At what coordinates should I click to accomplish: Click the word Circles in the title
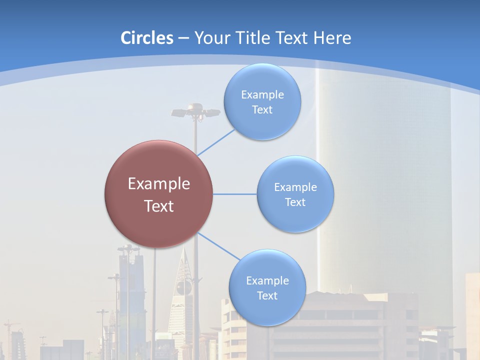[147, 37]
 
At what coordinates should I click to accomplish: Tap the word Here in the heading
[332, 37]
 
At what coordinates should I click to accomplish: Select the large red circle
[158, 194]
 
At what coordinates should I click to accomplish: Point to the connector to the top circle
[216, 142]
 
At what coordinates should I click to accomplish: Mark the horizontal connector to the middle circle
[235, 194]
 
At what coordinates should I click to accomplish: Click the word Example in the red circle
[158, 183]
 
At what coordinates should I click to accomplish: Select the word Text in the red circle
[158, 206]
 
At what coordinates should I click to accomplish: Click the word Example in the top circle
[262, 94]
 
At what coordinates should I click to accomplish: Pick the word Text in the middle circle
[295, 202]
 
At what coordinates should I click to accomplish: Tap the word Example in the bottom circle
[267, 280]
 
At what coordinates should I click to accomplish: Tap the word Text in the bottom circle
[267, 295]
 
